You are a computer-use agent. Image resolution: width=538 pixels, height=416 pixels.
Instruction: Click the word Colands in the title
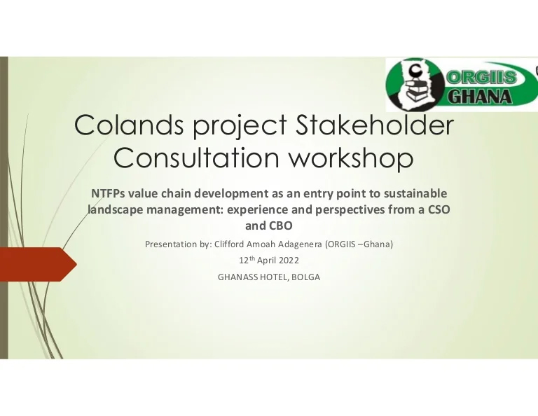click(x=129, y=125)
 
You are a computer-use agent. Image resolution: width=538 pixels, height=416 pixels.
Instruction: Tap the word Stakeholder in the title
click(x=374, y=125)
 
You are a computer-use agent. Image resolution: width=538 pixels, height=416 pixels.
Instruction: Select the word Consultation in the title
click(x=196, y=158)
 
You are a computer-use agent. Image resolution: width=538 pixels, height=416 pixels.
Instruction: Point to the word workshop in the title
click(x=351, y=158)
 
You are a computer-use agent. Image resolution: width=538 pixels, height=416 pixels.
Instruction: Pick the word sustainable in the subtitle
click(x=415, y=193)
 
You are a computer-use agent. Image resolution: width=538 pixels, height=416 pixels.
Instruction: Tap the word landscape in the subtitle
click(x=116, y=210)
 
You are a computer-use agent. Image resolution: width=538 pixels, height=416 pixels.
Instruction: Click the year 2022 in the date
click(x=289, y=261)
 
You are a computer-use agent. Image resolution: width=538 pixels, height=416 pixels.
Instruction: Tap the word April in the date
click(x=268, y=261)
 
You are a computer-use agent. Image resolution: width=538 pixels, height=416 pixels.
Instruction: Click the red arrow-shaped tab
click(x=38, y=265)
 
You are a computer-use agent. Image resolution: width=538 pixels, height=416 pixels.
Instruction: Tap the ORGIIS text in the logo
click(x=481, y=77)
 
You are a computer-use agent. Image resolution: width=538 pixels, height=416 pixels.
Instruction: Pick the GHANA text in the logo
click(x=480, y=97)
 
